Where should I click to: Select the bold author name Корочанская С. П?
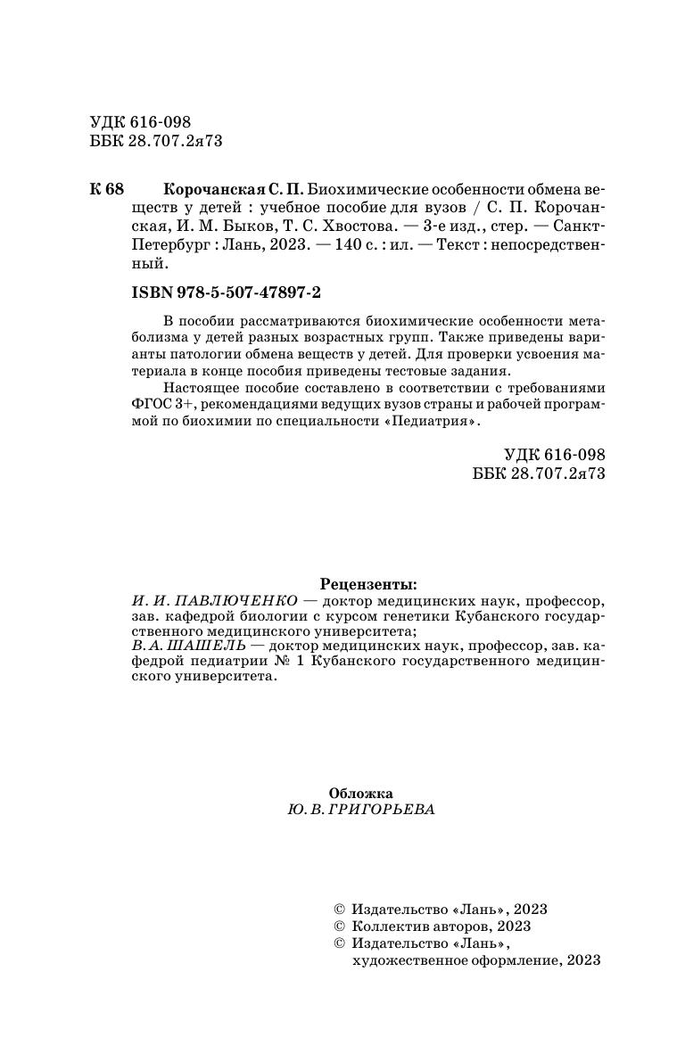pyautogui.click(x=234, y=191)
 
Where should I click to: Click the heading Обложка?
pyautogui.click(x=360, y=793)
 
